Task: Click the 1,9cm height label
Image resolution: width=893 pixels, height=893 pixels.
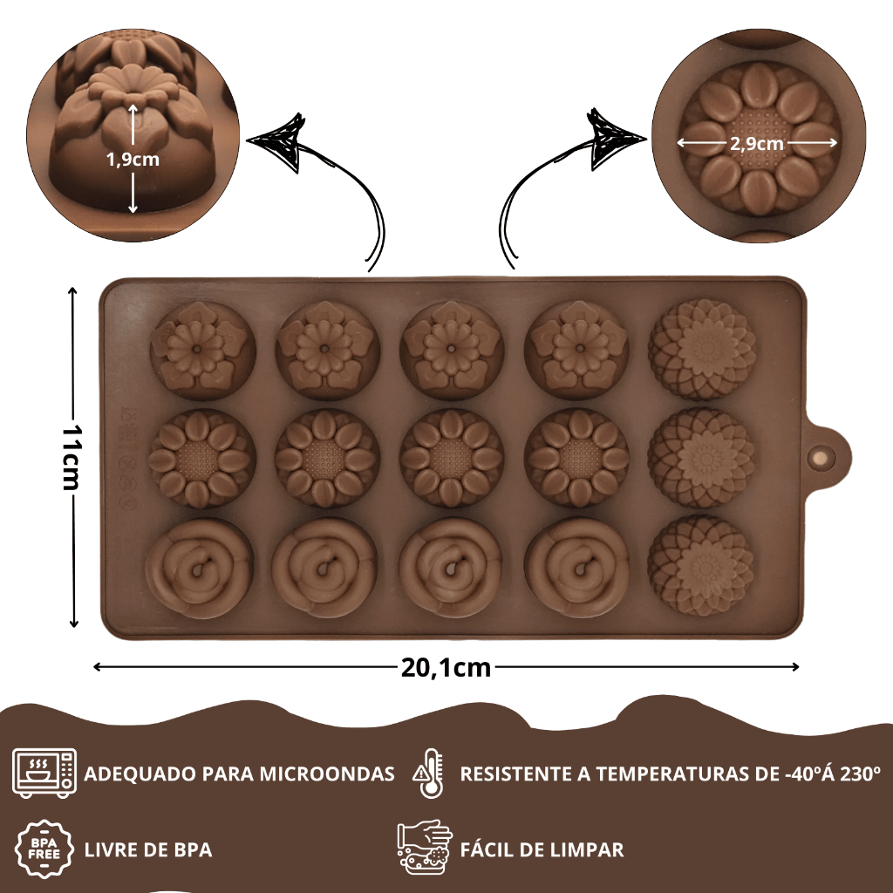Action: [x=133, y=160]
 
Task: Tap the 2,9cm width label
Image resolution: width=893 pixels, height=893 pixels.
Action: [x=756, y=144]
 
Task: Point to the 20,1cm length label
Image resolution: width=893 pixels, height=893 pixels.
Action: [x=446, y=668]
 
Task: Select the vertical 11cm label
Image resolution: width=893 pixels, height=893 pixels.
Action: [x=74, y=459]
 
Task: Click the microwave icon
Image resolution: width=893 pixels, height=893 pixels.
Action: [x=44, y=773]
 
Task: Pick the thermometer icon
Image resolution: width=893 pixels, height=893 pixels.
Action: [x=429, y=773]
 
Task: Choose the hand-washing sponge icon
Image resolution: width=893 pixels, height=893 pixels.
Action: [x=425, y=848]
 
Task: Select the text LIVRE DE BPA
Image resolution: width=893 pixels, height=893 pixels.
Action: [x=148, y=849]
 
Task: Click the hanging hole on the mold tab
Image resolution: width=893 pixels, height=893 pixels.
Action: [x=821, y=457]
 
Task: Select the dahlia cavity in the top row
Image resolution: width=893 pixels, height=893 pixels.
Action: [x=701, y=349]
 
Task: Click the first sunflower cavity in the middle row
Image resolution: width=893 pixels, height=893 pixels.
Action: [x=201, y=459]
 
